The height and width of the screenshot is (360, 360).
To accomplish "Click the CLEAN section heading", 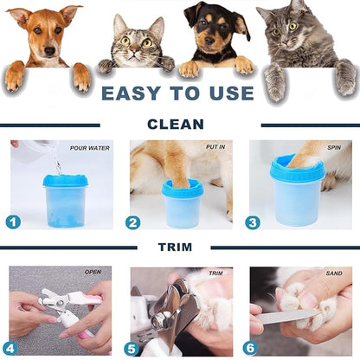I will [176, 124].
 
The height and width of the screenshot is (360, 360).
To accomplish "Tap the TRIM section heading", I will [176, 247].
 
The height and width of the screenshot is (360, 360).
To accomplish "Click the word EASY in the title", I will [133, 93].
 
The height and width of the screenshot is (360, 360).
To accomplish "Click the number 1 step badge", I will [13, 222].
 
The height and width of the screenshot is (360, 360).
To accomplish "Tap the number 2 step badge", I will [132, 222].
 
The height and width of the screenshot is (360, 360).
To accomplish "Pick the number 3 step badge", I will [253, 222].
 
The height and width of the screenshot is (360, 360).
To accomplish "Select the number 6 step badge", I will [250, 349].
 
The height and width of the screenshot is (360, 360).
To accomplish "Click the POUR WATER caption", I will [88, 148].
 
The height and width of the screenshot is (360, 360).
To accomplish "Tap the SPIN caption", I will [333, 148].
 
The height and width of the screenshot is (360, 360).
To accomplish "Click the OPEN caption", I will [93, 272].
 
